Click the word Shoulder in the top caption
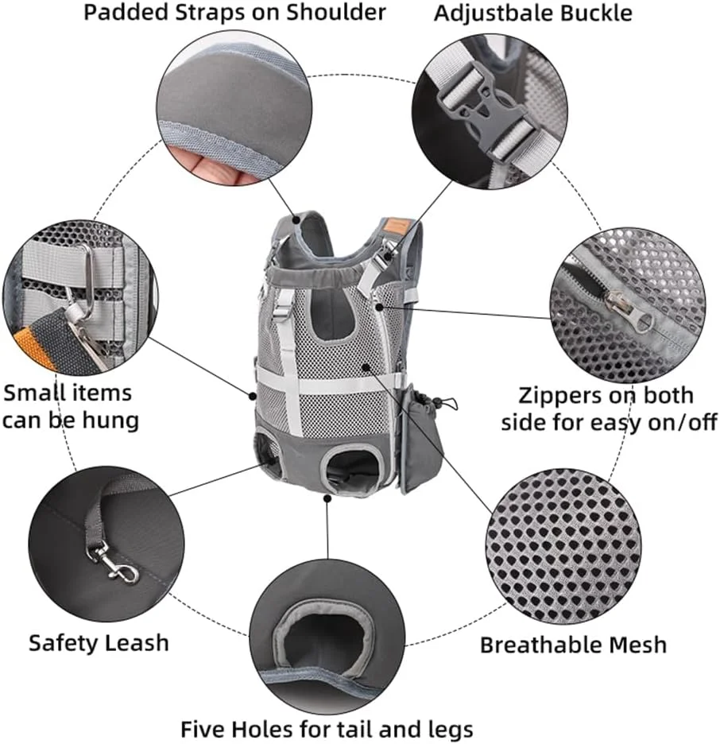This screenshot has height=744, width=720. [336, 13]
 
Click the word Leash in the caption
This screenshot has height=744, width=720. [137, 643]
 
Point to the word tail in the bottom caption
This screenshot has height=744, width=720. [354, 729]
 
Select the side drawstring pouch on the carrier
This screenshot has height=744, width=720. [420, 436]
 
